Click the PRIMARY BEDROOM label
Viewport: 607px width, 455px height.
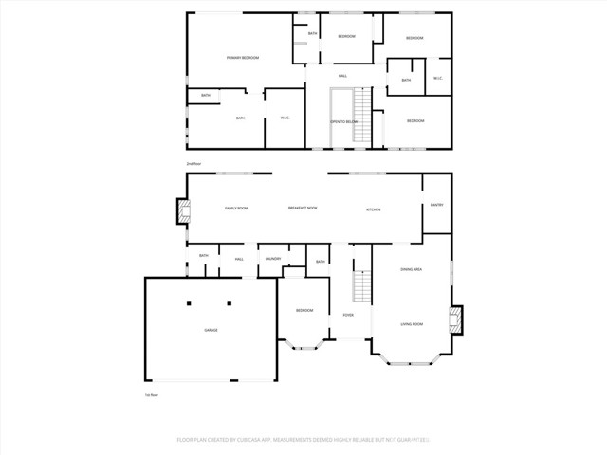point(243,59)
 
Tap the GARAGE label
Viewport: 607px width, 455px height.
point(211,330)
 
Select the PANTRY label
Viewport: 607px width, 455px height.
point(437,205)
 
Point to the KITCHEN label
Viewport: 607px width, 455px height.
point(374,209)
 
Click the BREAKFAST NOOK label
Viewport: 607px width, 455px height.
point(303,209)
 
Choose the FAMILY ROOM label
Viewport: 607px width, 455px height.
point(236,209)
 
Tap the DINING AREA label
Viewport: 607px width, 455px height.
point(411,270)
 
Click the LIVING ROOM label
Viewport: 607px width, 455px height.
point(411,324)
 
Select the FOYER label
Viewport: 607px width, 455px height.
point(349,314)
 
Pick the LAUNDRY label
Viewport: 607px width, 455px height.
point(273,259)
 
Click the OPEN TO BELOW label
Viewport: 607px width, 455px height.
point(342,122)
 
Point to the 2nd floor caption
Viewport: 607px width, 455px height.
point(194,163)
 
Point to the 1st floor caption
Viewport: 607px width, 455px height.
point(150,395)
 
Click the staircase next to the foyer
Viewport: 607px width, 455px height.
point(361,284)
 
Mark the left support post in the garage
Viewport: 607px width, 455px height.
point(188,303)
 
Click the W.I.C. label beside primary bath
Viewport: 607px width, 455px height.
point(285,118)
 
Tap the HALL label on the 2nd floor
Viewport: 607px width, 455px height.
point(342,76)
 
